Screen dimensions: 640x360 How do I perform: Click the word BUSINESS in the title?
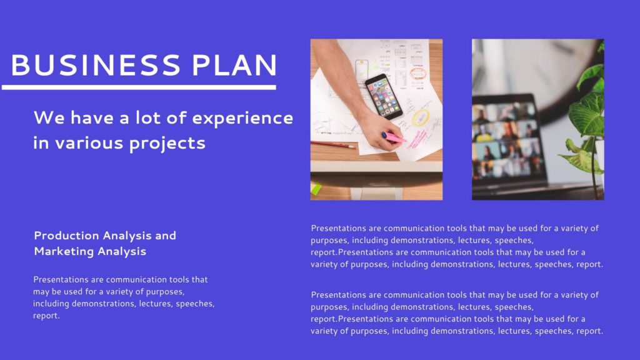(x=96, y=65)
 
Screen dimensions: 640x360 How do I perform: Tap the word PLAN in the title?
(x=235, y=65)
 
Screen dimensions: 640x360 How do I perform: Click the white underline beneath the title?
(x=139, y=87)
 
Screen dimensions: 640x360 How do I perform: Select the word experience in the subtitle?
(x=242, y=119)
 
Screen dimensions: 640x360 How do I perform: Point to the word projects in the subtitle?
(x=167, y=144)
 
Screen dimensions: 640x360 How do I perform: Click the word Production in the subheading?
(x=66, y=236)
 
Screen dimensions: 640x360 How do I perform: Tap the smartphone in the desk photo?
(x=383, y=96)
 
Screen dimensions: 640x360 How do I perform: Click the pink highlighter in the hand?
(x=394, y=137)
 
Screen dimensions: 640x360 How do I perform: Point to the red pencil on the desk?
(x=332, y=144)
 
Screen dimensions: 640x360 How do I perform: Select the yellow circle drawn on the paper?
(x=421, y=117)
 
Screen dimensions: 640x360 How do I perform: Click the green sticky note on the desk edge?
(x=316, y=189)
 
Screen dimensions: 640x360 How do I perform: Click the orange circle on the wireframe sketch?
(x=417, y=74)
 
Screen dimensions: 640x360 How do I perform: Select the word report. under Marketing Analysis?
(x=46, y=316)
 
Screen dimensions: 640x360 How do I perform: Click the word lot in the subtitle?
(x=147, y=118)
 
